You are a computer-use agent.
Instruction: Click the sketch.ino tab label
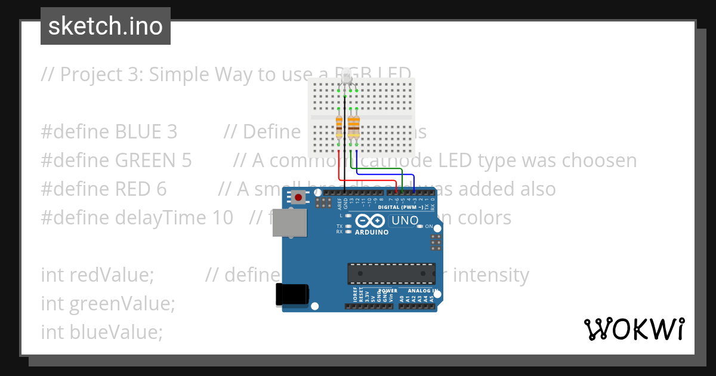click(105, 26)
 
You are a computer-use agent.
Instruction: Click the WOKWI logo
click(634, 329)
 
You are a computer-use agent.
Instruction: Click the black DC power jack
click(292, 295)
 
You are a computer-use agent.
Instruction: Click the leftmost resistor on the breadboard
click(339, 126)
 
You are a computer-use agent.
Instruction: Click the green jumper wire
click(382, 169)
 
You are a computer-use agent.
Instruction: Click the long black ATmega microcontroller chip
click(391, 273)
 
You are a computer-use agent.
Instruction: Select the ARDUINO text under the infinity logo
click(371, 232)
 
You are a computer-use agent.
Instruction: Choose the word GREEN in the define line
click(153, 161)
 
